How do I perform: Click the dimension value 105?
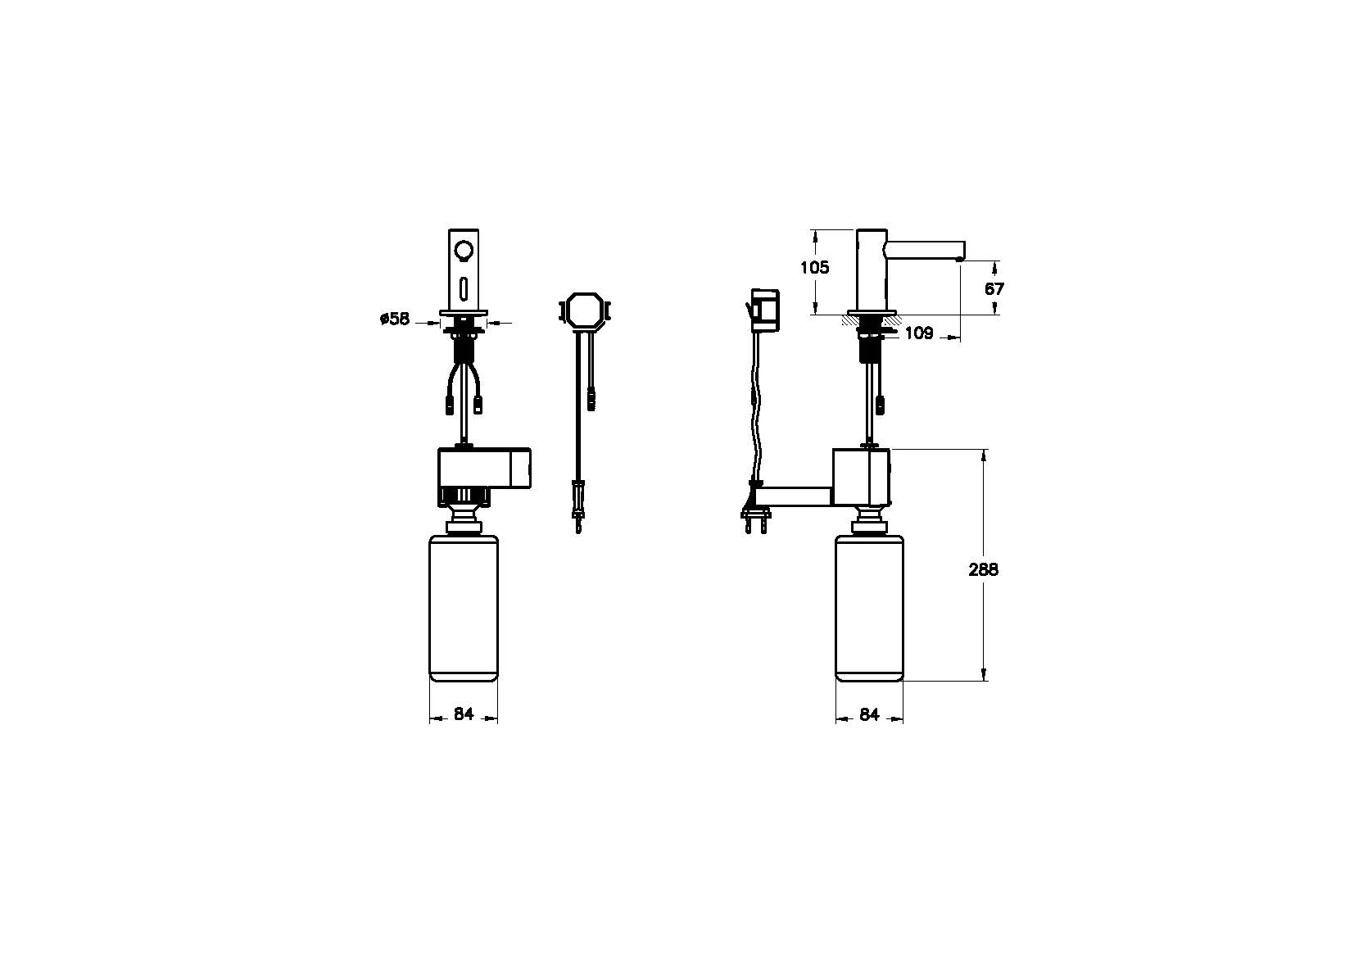(815, 267)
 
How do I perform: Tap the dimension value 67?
(994, 289)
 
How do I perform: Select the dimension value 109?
(919, 333)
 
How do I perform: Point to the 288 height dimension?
(984, 569)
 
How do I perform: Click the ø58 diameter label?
(395, 319)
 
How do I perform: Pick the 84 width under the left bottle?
(463, 714)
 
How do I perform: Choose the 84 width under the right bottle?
(868, 714)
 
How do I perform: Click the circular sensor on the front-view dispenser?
(464, 251)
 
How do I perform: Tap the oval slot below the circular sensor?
(464, 290)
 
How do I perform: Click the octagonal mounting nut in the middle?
(583, 311)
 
